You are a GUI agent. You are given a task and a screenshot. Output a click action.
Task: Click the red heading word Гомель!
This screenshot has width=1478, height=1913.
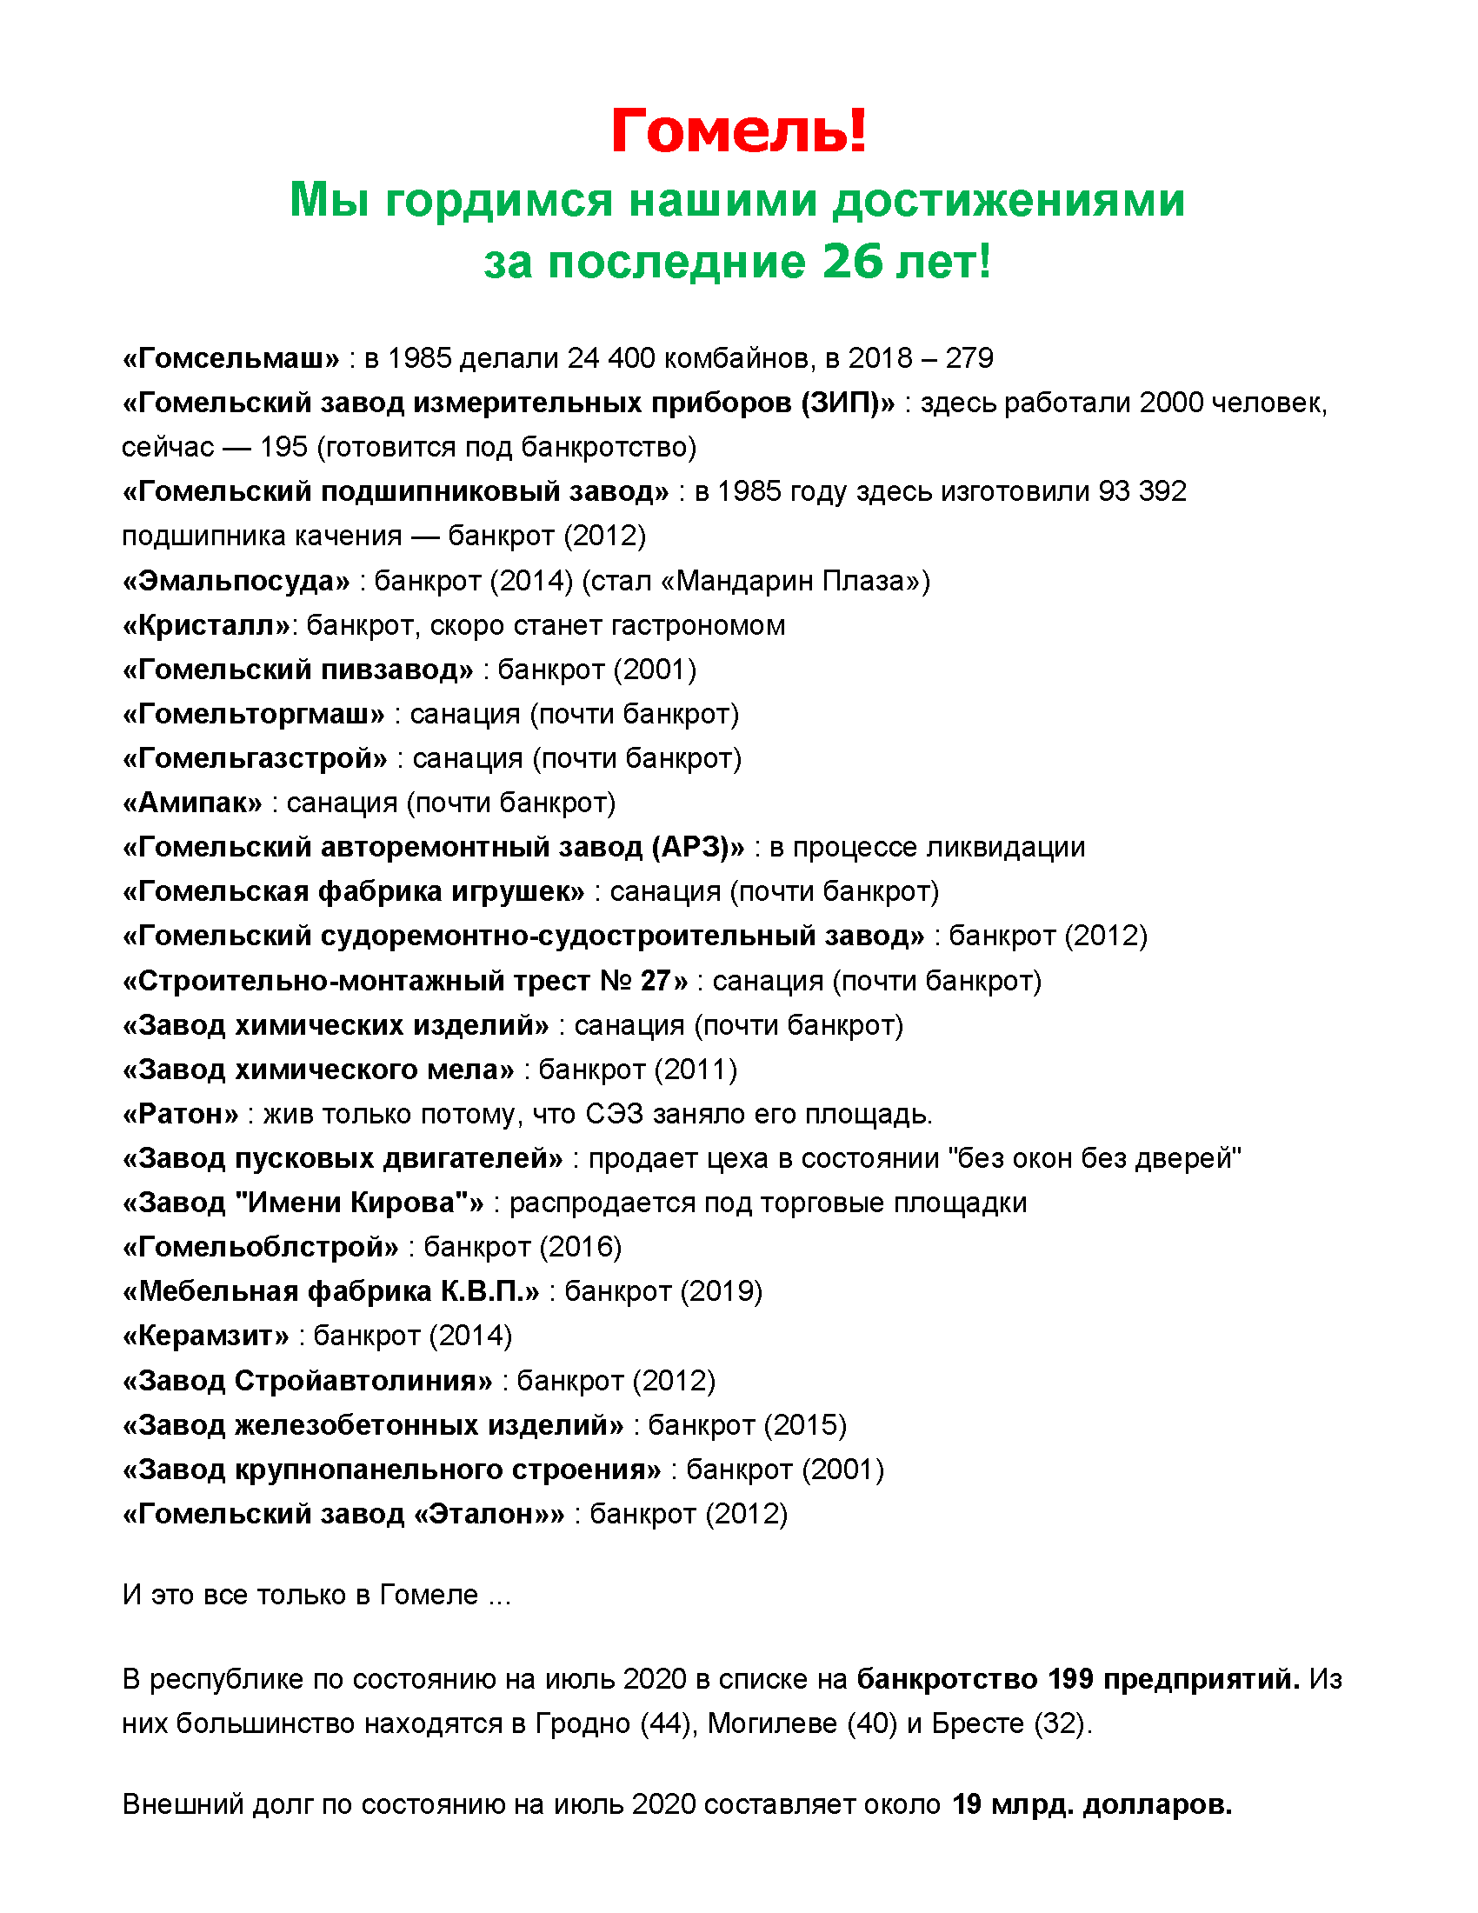738,131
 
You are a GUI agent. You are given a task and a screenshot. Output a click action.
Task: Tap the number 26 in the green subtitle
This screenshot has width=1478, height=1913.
852,261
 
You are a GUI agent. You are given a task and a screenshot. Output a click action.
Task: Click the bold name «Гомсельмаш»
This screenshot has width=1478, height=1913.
230,358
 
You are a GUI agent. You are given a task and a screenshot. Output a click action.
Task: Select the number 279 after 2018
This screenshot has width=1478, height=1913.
969,358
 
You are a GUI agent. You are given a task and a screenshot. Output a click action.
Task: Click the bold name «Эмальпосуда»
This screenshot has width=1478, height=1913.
236,581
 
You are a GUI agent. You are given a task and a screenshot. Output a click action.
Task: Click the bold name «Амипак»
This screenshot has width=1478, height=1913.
192,803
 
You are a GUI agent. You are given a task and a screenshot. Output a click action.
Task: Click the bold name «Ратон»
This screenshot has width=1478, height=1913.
180,1114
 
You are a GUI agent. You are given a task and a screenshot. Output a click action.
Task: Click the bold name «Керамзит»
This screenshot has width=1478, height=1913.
206,1336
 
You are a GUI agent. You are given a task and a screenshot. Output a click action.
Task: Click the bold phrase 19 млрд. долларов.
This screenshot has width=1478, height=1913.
1092,1804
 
